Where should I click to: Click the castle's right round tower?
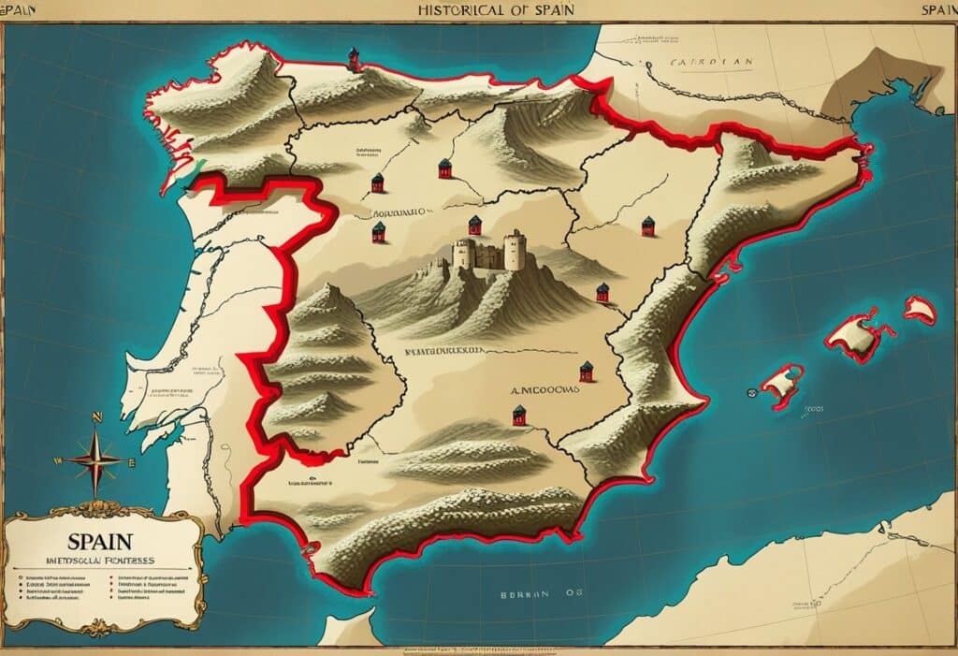pos(514,250)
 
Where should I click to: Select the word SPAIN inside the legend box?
pos(99,542)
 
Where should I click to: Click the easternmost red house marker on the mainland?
pos(647,226)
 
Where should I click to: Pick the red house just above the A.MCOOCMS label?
pos(586,371)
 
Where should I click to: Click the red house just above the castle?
pos(474,225)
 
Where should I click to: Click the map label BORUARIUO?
pos(397,213)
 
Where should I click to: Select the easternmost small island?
pos(919,310)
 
